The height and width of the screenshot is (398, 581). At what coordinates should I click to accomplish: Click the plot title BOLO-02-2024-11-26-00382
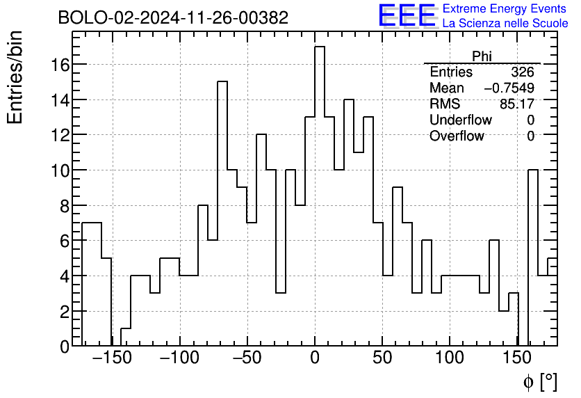tap(172, 17)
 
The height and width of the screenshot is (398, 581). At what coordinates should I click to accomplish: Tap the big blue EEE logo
tap(407, 15)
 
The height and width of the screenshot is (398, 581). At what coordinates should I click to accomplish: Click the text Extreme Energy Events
tap(505, 9)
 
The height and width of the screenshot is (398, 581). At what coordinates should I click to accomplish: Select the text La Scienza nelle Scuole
tap(505, 24)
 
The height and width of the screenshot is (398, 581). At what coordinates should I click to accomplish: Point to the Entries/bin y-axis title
tap(15, 77)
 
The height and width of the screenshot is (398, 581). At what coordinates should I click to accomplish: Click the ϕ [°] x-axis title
tap(540, 381)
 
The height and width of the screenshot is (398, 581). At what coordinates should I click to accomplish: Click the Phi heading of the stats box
tap(482, 56)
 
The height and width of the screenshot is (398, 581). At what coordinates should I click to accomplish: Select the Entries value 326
tap(522, 72)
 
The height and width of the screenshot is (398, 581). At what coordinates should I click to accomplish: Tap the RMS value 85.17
tap(517, 104)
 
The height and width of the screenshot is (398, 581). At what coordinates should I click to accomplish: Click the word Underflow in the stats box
tap(460, 120)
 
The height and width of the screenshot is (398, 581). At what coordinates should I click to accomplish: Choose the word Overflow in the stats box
tap(457, 136)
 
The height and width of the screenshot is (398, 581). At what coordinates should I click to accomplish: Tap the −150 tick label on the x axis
tap(112, 359)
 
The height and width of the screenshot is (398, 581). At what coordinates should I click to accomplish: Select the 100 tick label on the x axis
tap(450, 359)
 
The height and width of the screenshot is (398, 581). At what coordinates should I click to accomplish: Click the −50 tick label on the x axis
tap(247, 359)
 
